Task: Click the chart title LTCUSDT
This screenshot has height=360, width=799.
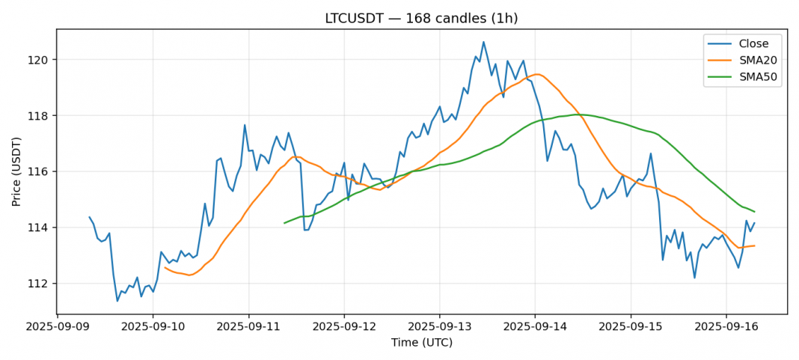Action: pos(421,18)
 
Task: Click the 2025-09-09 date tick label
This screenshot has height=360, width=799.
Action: pos(58,327)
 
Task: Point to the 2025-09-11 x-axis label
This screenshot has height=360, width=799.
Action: pos(249,327)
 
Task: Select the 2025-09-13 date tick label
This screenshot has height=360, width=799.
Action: pos(439,327)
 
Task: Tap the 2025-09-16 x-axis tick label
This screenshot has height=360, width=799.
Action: pos(725,327)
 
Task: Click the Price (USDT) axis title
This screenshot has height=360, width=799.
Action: pos(16,171)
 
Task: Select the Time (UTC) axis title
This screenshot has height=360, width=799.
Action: pos(421,343)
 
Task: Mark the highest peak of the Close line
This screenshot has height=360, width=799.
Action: pos(483,42)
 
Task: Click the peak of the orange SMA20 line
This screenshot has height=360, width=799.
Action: pos(536,74)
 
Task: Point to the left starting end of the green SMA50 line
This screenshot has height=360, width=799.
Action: pos(284,223)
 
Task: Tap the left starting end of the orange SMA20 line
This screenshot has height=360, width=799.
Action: pos(165,267)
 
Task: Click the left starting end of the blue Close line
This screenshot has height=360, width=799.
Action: pos(90,217)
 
